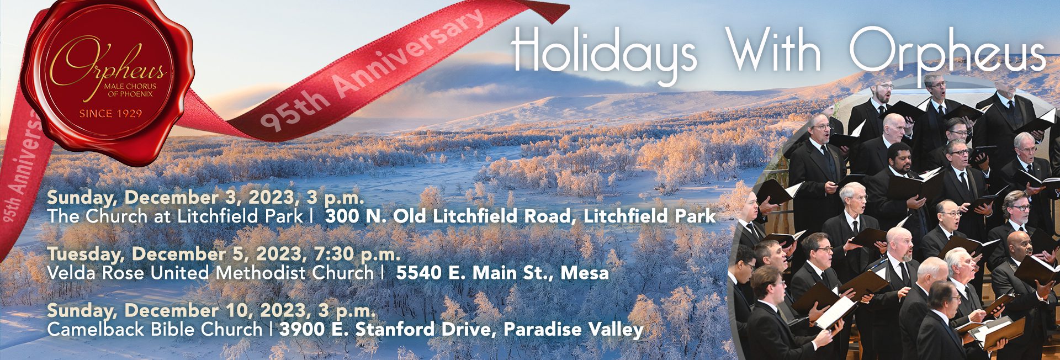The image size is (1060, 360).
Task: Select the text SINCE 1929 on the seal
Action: pyautogui.click(x=110, y=114)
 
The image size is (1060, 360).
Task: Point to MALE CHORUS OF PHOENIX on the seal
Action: pyautogui.click(x=130, y=90)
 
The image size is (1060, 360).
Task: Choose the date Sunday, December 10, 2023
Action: pyautogui.click(x=180, y=310)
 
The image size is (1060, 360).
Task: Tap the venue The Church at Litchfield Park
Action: pyautogui.click(x=175, y=216)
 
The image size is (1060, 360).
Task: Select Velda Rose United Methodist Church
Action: pyautogui.click(x=210, y=273)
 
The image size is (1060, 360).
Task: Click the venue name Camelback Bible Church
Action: pyautogui.click(x=155, y=330)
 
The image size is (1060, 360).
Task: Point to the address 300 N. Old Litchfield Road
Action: pyautogui.click(x=449, y=216)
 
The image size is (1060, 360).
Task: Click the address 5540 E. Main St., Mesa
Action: pyautogui.click(x=502, y=273)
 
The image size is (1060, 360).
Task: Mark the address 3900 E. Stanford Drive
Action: pyautogui.click(x=384, y=330)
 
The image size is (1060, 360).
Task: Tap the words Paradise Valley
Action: pyautogui.click(x=574, y=330)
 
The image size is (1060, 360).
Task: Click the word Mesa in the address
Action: pyautogui.click(x=585, y=273)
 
